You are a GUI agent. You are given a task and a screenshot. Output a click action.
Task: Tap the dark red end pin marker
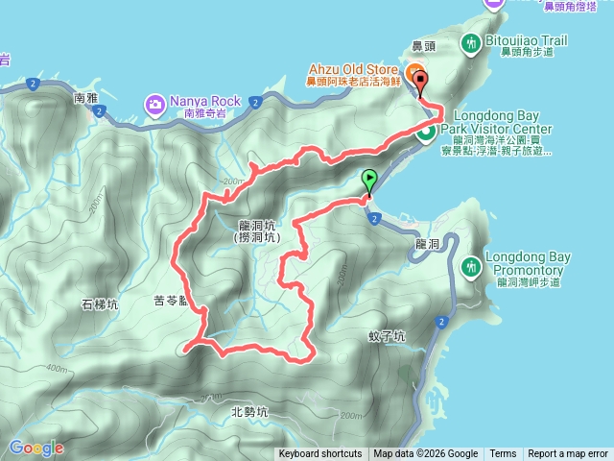(421, 82)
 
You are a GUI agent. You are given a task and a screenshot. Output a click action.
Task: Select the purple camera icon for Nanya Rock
(154, 102)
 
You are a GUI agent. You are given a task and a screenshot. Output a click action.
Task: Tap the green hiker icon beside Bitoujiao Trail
(471, 42)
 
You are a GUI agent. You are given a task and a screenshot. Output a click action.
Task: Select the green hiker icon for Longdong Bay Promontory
(471, 265)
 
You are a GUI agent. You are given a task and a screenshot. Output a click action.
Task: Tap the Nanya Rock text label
(206, 100)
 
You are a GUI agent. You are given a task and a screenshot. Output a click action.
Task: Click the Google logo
(35, 449)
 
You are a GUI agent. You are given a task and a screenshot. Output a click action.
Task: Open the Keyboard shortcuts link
(320, 454)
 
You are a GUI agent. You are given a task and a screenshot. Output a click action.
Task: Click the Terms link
(503, 454)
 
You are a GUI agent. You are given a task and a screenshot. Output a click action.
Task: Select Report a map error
(568, 454)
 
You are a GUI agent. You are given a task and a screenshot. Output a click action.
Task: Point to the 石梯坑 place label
(100, 304)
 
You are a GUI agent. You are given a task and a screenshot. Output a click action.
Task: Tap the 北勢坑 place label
(249, 412)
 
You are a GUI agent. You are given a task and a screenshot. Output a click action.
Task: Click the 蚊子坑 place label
(387, 337)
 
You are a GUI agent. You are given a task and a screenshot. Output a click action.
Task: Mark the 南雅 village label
(86, 98)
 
